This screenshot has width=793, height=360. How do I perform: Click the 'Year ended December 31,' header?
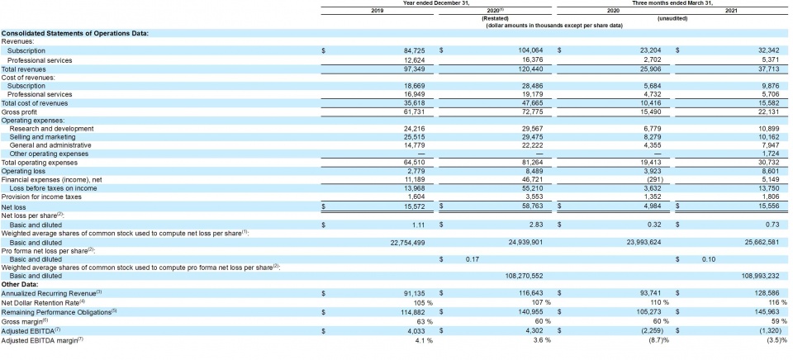click(x=435, y=3)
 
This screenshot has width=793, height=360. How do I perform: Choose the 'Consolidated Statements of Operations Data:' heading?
click(x=75, y=33)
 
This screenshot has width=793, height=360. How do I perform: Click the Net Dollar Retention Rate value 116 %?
click(x=767, y=301)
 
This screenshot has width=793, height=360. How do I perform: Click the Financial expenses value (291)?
click(x=649, y=180)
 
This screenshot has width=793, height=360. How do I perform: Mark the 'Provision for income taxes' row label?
click(x=42, y=197)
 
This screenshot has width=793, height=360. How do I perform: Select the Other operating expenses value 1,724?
click(x=768, y=154)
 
